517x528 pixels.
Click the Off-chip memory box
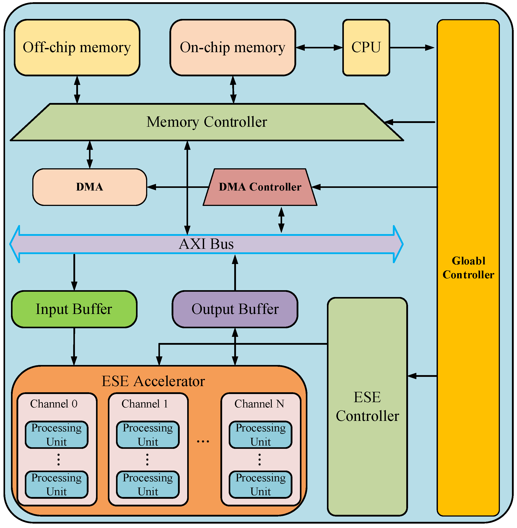77,48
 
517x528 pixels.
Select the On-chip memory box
232,48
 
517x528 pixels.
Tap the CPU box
366,48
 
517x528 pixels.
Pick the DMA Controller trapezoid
260,187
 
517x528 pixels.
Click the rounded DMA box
90,187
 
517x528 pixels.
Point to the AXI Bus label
206,244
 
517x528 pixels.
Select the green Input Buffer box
74,309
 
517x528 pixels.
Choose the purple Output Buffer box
235,309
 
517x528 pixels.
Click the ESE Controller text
367,407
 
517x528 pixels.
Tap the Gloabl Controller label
468,268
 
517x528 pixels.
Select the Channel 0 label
54,404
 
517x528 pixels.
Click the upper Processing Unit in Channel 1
148,434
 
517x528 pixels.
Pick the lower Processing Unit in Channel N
260,484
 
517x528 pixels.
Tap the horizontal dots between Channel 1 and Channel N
203,442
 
